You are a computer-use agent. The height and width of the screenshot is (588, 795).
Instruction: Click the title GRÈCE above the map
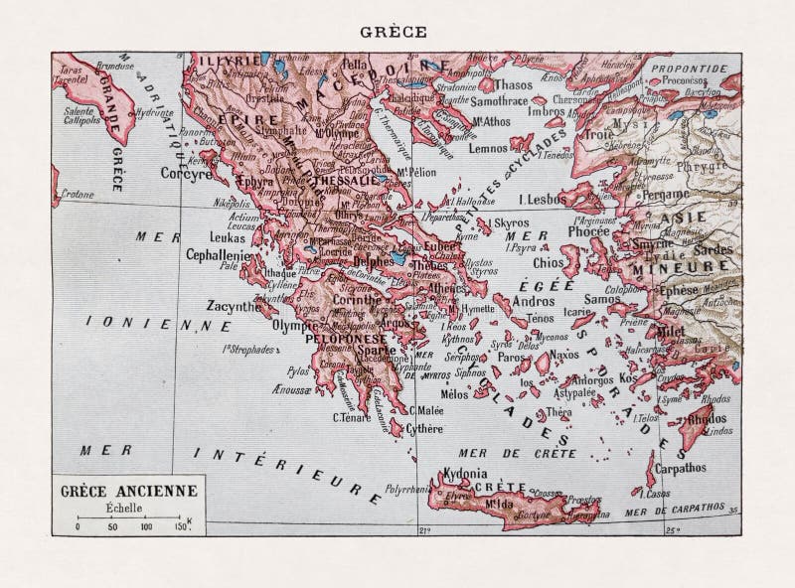pos(397,31)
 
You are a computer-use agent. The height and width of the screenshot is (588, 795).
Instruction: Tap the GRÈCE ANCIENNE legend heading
pos(129,490)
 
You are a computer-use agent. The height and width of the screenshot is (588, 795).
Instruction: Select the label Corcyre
pos(185,172)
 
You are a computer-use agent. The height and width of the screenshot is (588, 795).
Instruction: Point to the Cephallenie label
pos(217,253)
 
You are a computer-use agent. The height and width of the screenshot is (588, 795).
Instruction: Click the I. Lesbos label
pos(542,199)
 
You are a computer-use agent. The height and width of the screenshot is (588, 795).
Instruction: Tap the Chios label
pos(548,264)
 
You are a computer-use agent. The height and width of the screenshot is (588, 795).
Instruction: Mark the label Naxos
pos(563,354)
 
